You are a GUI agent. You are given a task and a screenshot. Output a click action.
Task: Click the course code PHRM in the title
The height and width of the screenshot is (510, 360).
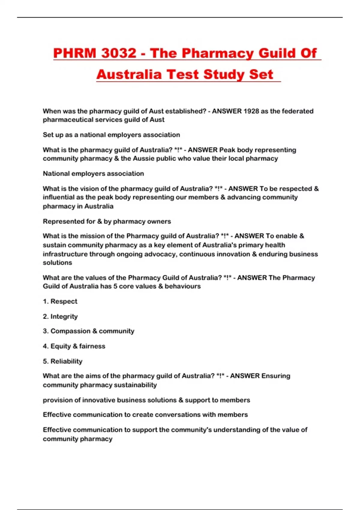point(75,53)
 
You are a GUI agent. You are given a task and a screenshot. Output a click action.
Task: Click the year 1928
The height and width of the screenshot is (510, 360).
point(251,111)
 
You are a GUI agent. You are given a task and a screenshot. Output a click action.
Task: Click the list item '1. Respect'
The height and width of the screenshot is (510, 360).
point(60,301)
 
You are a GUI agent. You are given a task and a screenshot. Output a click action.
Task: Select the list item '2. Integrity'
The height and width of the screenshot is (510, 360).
point(60,316)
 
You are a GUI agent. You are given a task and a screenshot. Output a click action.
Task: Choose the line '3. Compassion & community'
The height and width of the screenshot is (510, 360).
point(88,331)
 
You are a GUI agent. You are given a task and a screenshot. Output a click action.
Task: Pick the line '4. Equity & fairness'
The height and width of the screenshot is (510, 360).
point(74,346)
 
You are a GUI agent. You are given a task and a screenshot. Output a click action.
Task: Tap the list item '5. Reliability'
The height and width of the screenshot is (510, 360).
point(62,361)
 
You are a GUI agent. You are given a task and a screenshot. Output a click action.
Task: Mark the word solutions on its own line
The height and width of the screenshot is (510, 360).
point(57,262)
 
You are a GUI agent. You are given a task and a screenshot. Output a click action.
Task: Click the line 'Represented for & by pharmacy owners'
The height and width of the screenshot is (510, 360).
point(107,221)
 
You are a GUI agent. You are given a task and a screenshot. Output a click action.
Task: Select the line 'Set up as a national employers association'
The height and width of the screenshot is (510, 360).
point(111,135)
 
